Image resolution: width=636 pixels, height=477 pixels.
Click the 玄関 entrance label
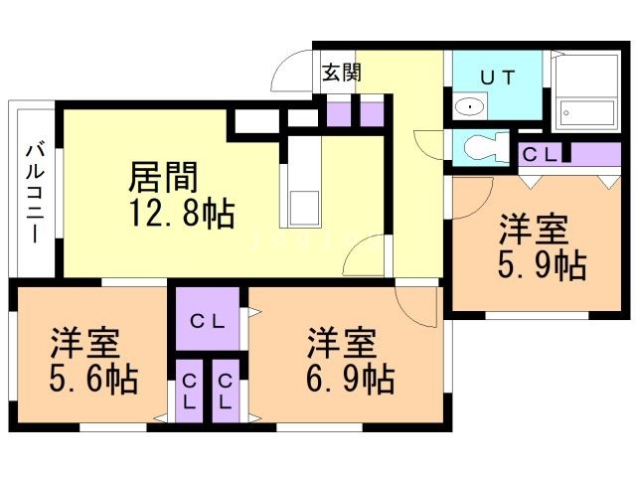click(x=341, y=73)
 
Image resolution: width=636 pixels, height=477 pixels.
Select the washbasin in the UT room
click(x=467, y=106)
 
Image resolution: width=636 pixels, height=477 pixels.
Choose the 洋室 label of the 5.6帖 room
click(x=86, y=344)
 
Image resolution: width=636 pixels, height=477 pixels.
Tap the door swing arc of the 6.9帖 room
click(x=417, y=303)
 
